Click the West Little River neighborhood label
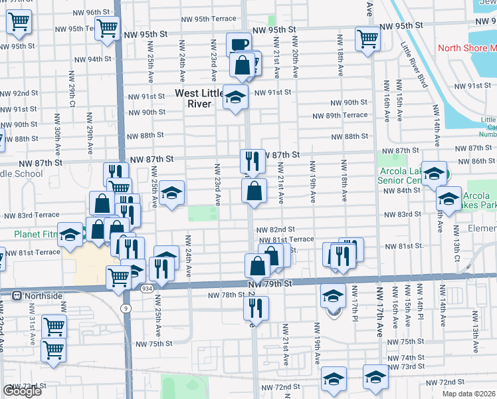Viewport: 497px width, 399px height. (x=203, y=98)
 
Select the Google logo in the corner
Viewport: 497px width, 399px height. (x=22, y=391)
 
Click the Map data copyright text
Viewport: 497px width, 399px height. (x=469, y=394)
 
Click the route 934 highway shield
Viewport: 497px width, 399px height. (x=148, y=287)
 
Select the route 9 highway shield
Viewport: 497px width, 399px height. (x=125, y=308)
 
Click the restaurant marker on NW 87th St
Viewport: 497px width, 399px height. (x=252, y=160)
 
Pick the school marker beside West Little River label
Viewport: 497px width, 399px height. (x=235, y=97)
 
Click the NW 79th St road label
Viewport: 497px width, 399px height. (x=270, y=284)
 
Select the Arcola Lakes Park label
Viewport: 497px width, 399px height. (x=476, y=200)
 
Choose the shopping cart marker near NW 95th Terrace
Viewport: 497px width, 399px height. (x=107, y=29)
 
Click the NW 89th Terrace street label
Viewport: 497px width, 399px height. (x=340, y=115)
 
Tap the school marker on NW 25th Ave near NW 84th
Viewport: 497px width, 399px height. (x=172, y=194)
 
